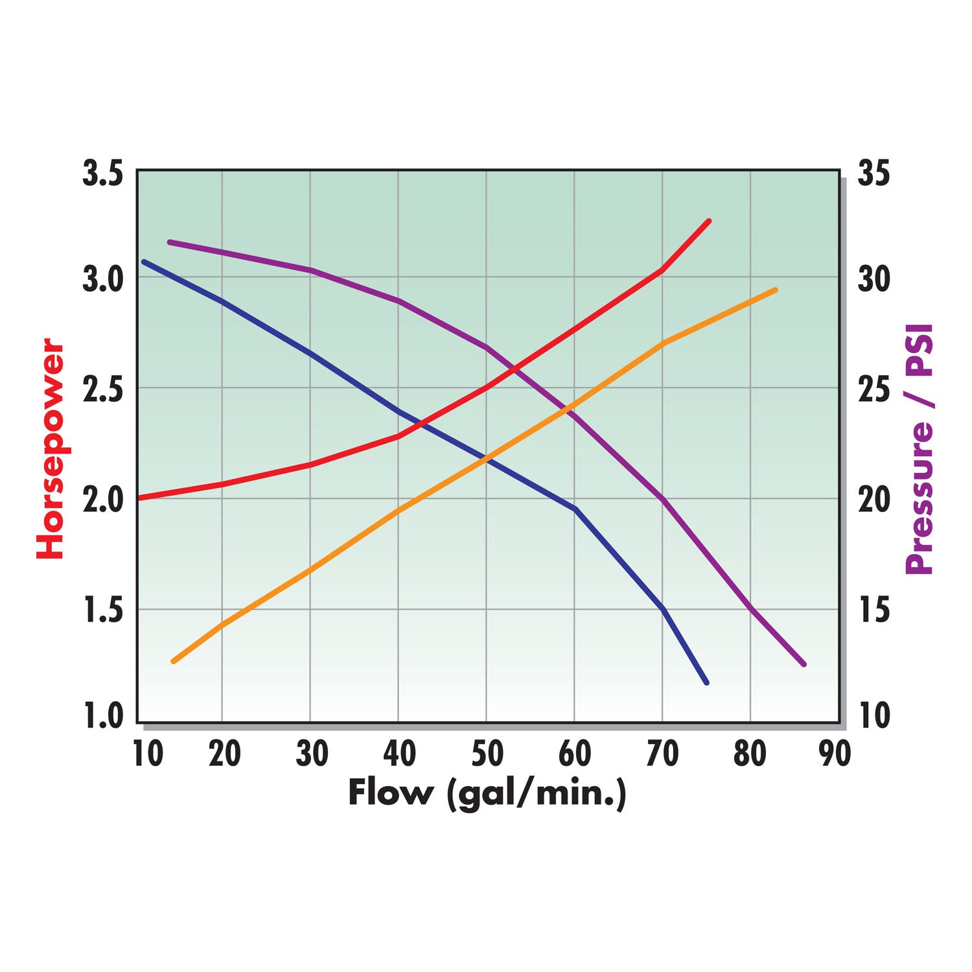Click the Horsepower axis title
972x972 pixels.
[50, 448]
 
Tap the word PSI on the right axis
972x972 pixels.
[920, 350]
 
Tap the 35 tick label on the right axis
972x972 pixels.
[874, 174]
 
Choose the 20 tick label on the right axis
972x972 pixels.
[874, 500]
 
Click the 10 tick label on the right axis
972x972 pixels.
[874, 717]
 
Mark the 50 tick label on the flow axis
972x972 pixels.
[487, 754]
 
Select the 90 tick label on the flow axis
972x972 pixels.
[835, 754]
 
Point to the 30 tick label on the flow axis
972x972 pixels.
[312, 754]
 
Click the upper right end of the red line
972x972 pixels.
[710, 221]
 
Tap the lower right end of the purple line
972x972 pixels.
[804, 664]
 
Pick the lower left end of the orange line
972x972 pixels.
[172, 662]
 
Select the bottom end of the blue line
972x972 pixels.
[707, 682]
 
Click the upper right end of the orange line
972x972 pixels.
[776, 290]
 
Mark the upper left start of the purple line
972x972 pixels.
[169, 242]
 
